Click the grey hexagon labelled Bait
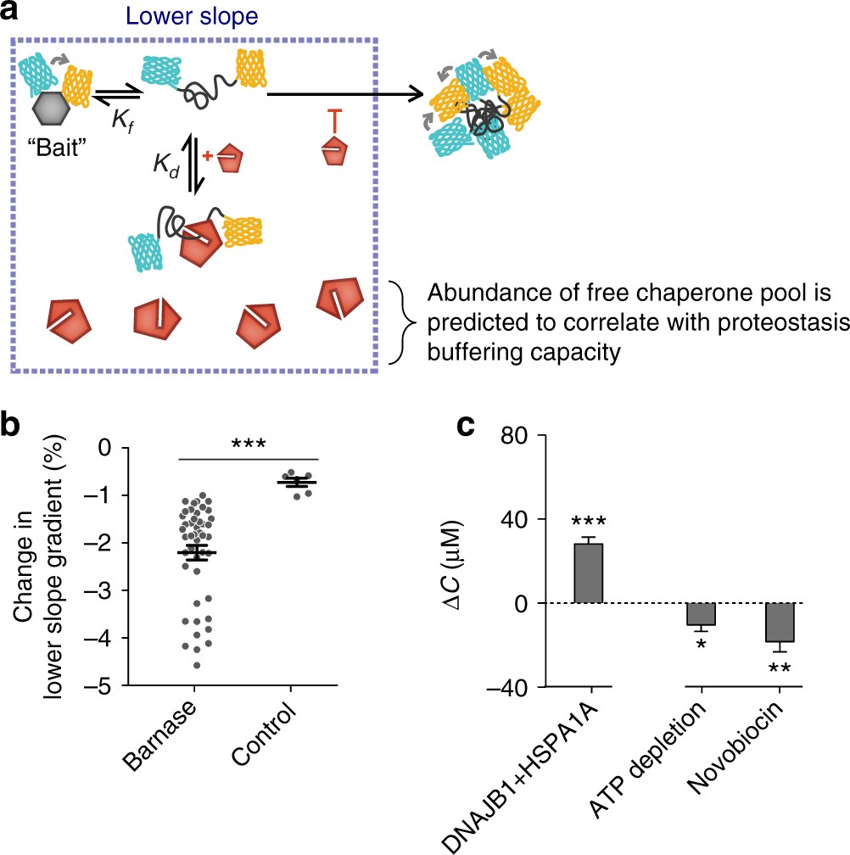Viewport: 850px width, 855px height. point(53,110)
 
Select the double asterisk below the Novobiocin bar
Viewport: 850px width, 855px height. point(780,668)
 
